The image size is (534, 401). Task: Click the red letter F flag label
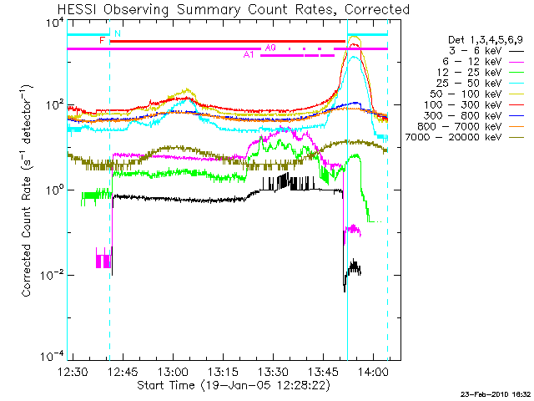102,40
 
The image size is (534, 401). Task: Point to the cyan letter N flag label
117,33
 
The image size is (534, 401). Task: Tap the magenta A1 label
249,55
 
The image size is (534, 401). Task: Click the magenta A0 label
270,48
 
